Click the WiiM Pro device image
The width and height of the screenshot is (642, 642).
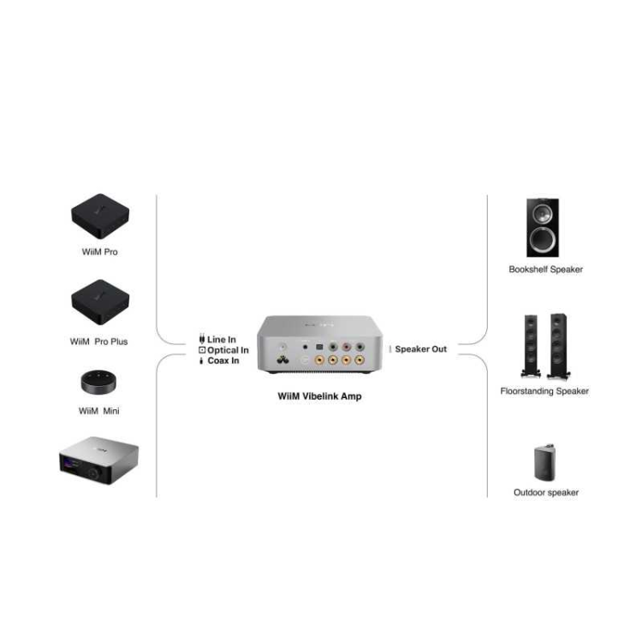point(98,219)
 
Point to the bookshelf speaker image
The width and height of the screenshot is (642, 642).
point(544,227)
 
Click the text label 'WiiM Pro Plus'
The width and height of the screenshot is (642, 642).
point(98,342)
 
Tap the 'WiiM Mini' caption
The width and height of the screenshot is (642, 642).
point(98,411)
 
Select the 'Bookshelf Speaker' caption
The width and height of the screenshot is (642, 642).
point(545,270)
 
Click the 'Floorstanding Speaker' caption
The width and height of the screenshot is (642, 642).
point(544,391)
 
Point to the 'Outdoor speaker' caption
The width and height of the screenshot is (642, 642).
point(545,492)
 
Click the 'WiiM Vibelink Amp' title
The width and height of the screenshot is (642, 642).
point(320,396)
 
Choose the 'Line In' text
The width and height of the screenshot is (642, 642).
point(222,340)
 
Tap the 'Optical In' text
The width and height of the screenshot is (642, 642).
point(228,350)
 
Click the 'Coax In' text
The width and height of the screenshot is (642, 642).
point(223,360)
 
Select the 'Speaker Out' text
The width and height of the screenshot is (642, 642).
point(420,349)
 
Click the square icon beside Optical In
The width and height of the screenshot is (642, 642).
point(202,350)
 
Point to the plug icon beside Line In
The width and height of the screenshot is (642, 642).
point(202,340)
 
